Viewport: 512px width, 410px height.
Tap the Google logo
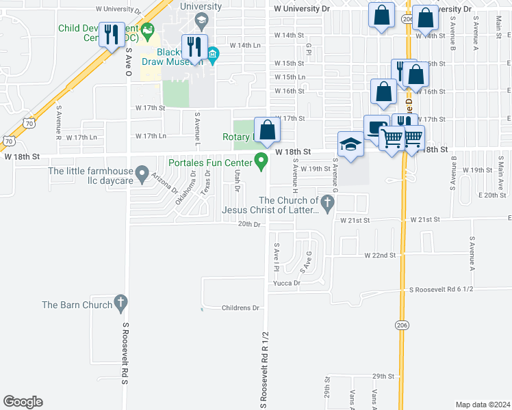(x=23, y=402)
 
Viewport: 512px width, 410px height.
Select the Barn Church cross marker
(x=120, y=301)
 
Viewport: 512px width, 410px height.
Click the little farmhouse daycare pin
(x=142, y=174)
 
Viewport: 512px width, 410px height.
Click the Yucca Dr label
(x=287, y=282)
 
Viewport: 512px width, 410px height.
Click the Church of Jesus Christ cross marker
(x=328, y=202)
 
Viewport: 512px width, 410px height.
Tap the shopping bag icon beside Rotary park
(x=266, y=129)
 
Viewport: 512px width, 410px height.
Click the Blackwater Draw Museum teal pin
(x=212, y=54)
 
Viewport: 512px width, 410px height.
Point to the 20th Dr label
(x=250, y=224)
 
